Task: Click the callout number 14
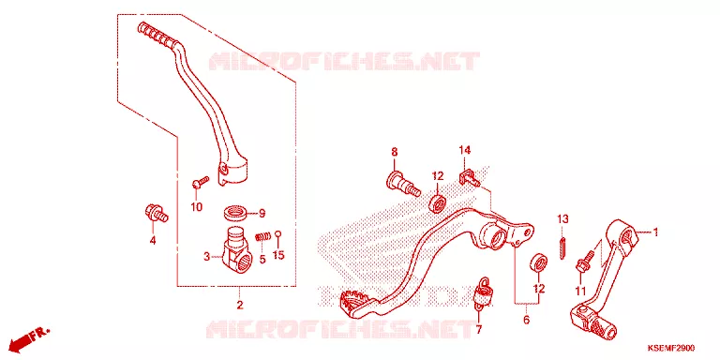point(465,150)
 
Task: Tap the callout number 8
point(395,152)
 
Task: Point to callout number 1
point(655,232)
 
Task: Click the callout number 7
point(478,329)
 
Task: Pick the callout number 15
point(278,255)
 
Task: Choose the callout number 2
point(240,305)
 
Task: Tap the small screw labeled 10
point(201,182)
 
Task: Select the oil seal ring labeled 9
point(236,213)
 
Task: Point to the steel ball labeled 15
point(277,235)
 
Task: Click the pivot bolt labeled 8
point(405,183)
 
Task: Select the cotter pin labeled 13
point(563,247)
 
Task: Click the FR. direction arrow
point(29,337)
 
